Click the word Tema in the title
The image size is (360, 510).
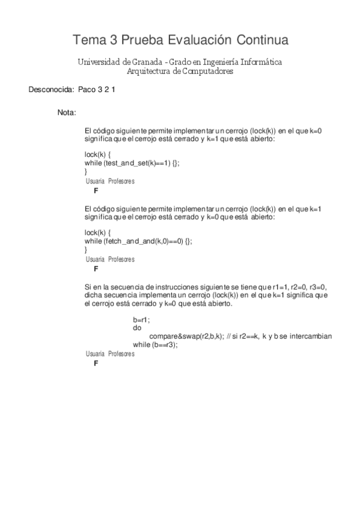(88, 40)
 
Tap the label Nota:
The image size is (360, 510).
(66, 112)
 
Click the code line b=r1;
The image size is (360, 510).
(141, 319)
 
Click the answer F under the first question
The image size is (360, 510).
(96, 190)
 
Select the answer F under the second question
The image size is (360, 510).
(96, 268)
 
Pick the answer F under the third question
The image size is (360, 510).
(96, 363)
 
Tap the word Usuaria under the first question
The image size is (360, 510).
(95, 181)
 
